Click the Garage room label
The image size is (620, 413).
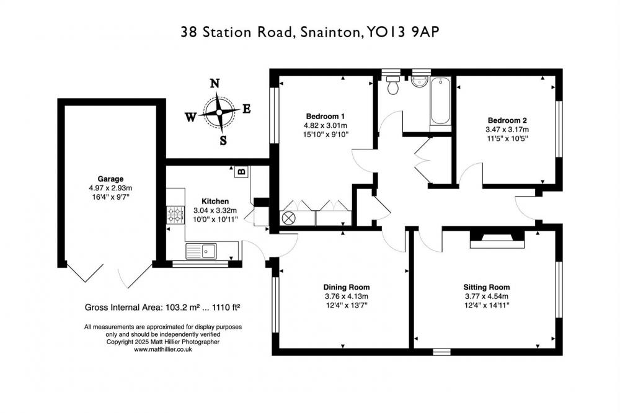click(x=111, y=179)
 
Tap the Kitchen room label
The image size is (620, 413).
click(x=215, y=202)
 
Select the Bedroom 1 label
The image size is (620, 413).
click(x=325, y=117)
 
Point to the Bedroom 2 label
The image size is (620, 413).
click(x=507, y=120)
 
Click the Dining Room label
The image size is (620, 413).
click(x=347, y=287)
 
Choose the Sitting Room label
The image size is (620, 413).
click(x=487, y=287)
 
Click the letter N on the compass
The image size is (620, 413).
click(x=215, y=84)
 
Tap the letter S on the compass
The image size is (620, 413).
click(x=223, y=140)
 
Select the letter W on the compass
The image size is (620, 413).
click(x=190, y=117)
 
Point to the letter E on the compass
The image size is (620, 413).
click(x=247, y=109)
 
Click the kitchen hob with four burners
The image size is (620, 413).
click(x=175, y=215)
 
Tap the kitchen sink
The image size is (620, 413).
click(x=201, y=251)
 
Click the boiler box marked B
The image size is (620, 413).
click(x=242, y=172)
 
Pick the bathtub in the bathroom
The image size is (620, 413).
click(x=440, y=102)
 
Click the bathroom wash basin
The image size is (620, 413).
click(x=418, y=81)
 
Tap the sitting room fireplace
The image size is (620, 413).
click(x=497, y=239)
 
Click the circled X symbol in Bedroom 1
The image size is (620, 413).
click(x=288, y=218)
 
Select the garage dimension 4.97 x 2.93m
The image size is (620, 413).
click(x=111, y=188)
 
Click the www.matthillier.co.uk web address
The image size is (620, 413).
click(x=163, y=349)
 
